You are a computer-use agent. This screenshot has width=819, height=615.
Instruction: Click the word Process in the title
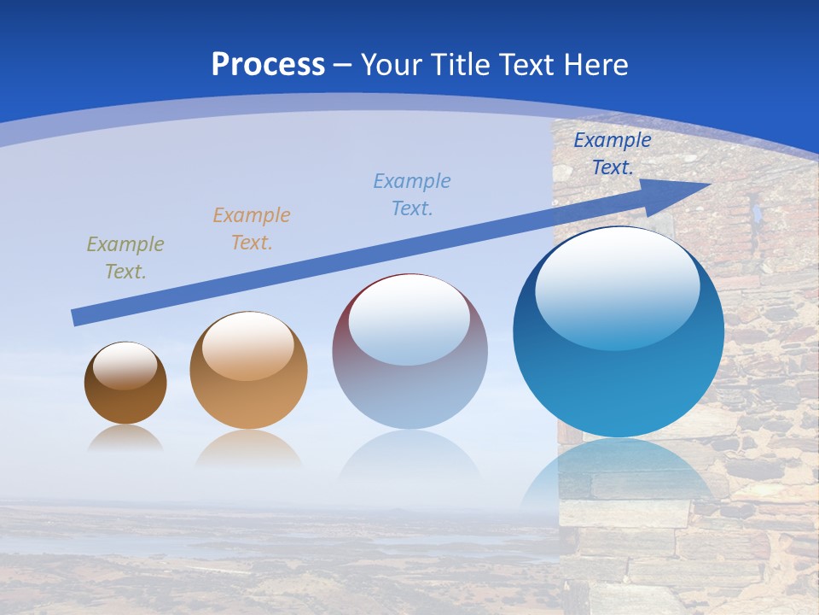click(x=268, y=65)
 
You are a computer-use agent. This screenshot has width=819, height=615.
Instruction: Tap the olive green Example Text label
click(x=125, y=258)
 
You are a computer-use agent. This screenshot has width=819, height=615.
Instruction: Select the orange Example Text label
click(x=252, y=229)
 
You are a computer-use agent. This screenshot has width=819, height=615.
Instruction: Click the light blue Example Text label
click(x=412, y=194)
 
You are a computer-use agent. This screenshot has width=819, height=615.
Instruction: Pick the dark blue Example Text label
click(x=613, y=154)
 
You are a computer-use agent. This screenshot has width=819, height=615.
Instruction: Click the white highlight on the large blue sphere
click(x=617, y=289)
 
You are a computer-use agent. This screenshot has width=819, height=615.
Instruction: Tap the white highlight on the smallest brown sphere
click(x=125, y=366)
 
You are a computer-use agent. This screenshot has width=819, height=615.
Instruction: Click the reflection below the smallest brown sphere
click(x=125, y=438)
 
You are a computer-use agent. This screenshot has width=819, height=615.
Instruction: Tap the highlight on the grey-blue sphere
click(x=409, y=320)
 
